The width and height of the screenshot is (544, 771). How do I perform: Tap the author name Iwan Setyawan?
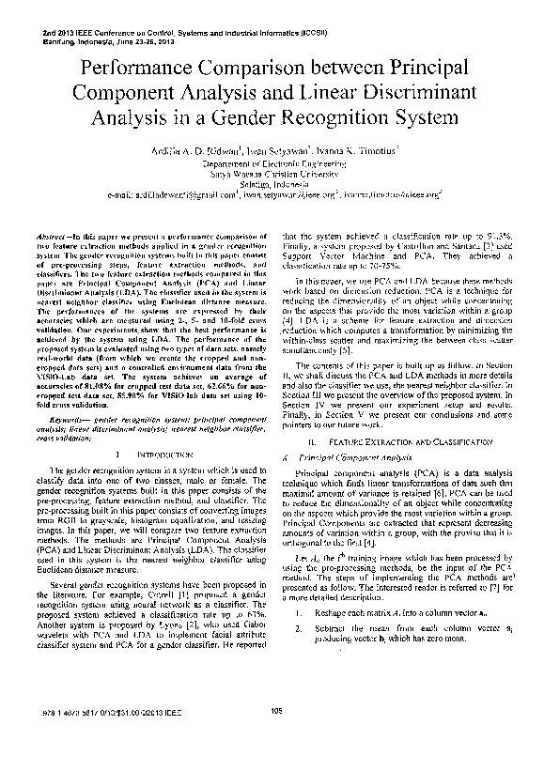point(277,149)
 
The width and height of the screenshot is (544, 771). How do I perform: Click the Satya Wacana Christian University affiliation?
point(271,173)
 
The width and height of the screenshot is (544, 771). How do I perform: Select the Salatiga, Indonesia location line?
point(271,184)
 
